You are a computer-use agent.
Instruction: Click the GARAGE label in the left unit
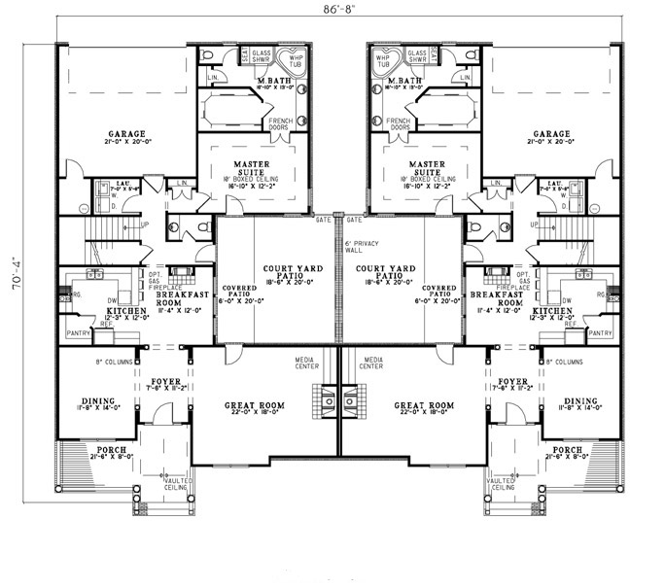click(126, 135)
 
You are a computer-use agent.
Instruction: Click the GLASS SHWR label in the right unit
click(418, 55)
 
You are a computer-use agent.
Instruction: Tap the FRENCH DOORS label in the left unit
click(281, 123)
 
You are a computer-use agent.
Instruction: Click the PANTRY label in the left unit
click(81, 332)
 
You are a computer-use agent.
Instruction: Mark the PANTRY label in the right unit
click(600, 332)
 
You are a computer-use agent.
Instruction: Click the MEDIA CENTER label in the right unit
click(369, 363)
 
